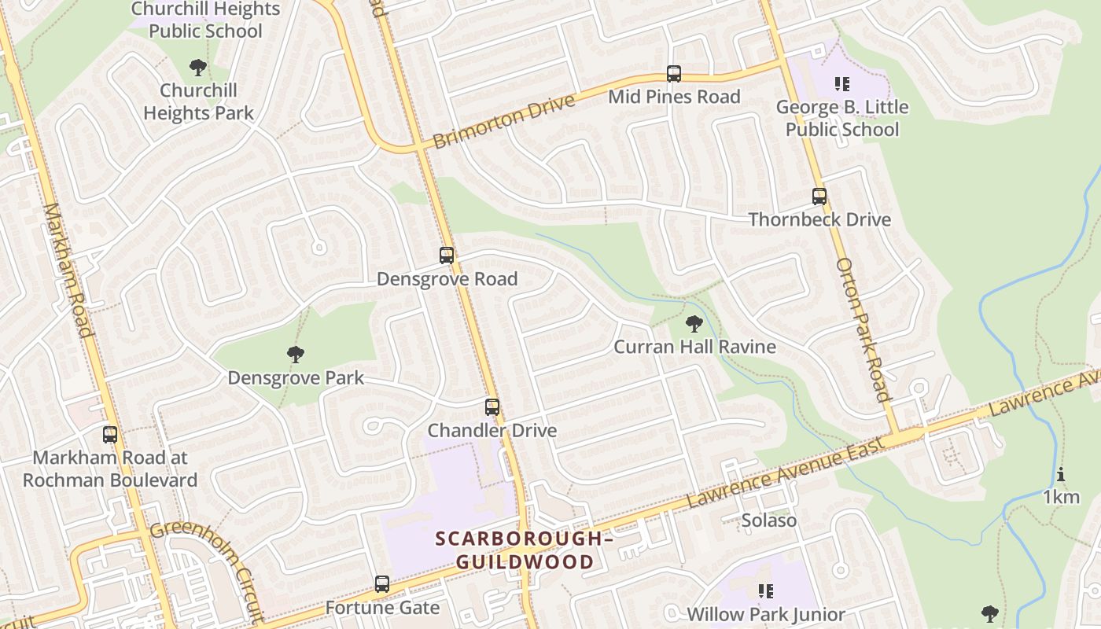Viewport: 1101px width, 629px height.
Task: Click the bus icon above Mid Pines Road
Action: (x=674, y=74)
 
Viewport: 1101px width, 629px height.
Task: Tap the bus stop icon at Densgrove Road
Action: (x=447, y=256)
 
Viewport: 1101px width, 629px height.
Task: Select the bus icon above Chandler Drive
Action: (x=492, y=407)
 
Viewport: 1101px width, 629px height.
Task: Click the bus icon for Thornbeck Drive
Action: (x=819, y=197)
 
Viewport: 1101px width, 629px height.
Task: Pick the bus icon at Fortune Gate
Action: (x=382, y=584)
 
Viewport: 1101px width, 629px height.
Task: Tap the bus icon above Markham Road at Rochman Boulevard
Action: (x=110, y=434)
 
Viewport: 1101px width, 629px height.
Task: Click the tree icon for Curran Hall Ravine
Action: (x=694, y=323)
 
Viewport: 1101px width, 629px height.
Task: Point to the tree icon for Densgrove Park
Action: (x=295, y=355)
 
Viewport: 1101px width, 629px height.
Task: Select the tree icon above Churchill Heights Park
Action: (x=198, y=68)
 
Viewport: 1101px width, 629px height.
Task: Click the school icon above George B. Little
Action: (x=842, y=83)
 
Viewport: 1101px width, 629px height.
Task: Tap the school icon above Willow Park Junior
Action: (x=765, y=590)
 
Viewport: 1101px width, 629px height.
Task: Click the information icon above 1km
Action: (x=1061, y=474)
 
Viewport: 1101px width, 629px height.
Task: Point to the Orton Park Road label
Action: (x=862, y=329)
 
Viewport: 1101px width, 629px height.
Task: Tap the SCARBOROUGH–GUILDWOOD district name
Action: (x=525, y=550)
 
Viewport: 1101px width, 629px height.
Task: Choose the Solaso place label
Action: (x=769, y=520)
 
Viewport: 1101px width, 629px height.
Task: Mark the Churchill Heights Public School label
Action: (x=205, y=20)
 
